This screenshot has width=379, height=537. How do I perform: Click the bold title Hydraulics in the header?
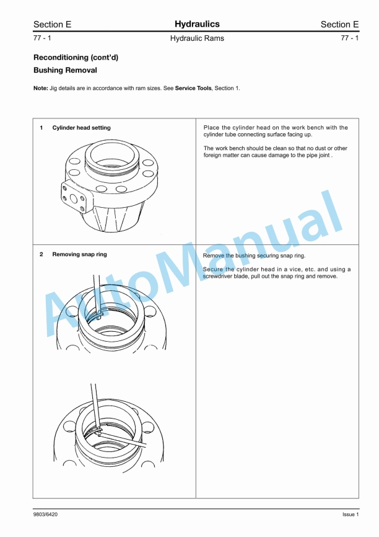197,24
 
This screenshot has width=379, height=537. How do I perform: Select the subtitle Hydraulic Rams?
197,38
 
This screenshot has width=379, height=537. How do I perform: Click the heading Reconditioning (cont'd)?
76,57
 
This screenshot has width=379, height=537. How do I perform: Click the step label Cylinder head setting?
81,128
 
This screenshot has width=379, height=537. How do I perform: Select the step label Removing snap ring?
79,254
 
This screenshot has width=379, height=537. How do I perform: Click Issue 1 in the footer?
351,515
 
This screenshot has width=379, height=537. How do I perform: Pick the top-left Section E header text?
52,25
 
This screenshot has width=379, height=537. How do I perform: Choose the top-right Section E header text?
339,25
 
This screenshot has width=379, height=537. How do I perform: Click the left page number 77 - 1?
42,38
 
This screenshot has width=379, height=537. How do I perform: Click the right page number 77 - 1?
350,38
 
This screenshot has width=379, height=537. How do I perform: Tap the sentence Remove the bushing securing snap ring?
254,255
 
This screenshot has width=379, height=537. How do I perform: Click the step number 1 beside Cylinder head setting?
41,128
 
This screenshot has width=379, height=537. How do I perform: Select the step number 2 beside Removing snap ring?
41,254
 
